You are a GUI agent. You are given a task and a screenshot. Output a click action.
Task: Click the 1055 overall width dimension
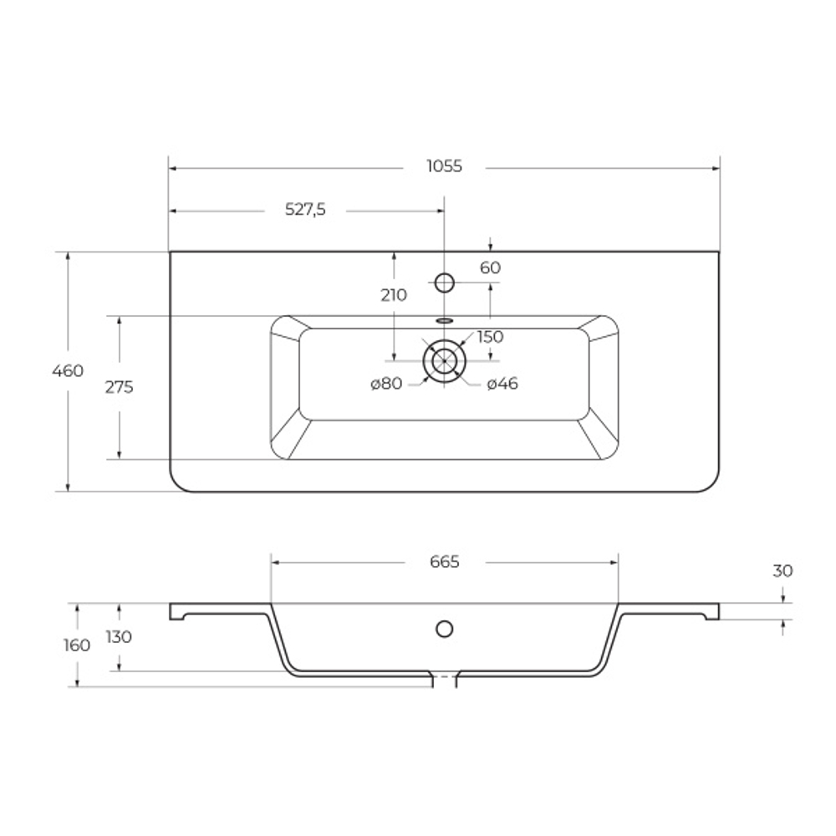click(x=444, y=166)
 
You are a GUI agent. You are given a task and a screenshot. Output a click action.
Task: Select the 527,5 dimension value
click(x=305, y=210)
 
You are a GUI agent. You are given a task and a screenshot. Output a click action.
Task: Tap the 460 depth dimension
click(x=68, y=370)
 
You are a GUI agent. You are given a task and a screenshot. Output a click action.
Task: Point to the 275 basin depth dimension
click(x=120, y=387)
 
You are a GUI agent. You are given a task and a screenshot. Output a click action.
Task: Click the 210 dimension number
click(x=393, y=294)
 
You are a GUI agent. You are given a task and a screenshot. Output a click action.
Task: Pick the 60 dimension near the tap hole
click(x=490, y=268)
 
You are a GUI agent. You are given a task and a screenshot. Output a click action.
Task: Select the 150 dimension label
click(x=490, y=337)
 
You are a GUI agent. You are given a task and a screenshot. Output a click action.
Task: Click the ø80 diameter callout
click(x=386, y=384)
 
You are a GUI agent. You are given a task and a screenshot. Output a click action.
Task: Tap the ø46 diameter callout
click(x=502, y=384)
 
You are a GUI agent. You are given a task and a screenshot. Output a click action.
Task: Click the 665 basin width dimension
click(x=445, y=562)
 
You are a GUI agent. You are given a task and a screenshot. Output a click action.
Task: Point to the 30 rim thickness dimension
click(x=782, y=571)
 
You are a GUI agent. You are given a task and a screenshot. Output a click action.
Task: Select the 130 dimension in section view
click(x=119, y=637)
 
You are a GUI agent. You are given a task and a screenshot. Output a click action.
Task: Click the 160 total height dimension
click(x=77, y=645)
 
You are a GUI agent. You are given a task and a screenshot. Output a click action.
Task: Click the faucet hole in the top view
click(x=445, y=283)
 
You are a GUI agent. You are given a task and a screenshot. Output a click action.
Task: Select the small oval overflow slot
click(x=444, y=319)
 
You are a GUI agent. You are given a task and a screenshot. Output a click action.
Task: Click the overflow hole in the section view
click(x=445, y=628)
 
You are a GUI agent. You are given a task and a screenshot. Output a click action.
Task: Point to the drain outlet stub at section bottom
click(x=444, y=681)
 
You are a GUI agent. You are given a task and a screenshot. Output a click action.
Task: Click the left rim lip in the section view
click(x=177, y=612)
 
